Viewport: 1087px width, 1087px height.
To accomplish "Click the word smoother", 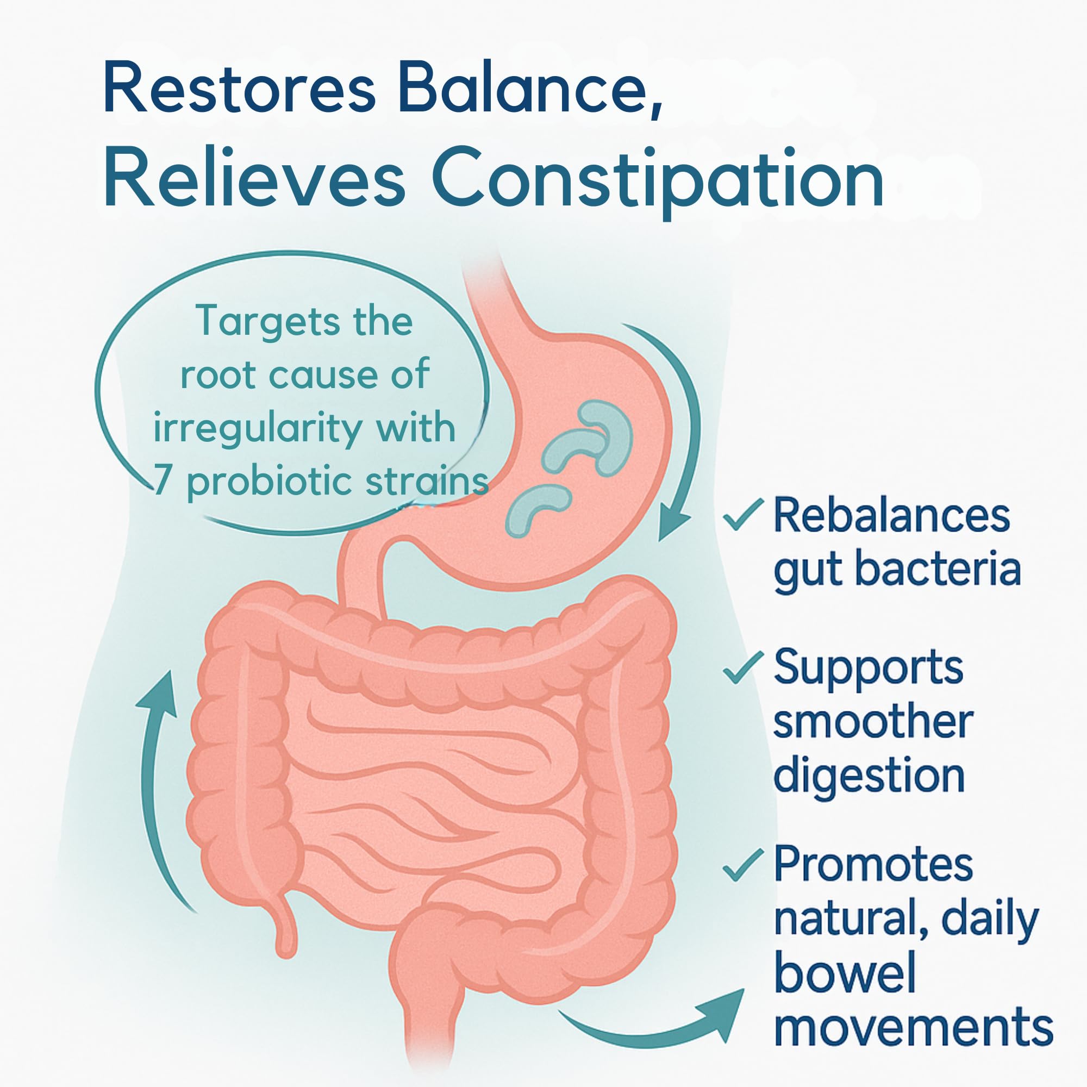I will [x=873, y=721].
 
